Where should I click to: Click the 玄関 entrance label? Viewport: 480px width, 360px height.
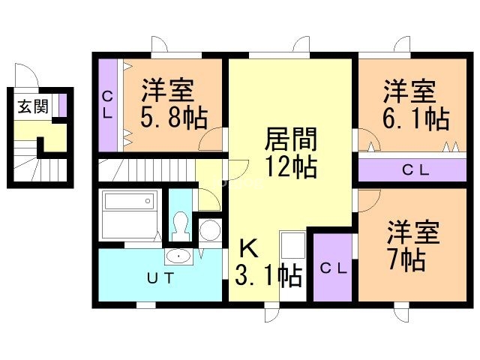pos(33,106)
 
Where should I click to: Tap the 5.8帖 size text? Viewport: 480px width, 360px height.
pos(174,118)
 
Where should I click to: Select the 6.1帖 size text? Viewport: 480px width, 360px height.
pos(416,118)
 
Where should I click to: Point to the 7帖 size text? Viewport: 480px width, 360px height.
pos(407,260)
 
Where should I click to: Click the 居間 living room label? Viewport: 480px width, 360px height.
pos(290,139)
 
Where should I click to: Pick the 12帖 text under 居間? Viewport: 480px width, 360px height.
pos(290,166)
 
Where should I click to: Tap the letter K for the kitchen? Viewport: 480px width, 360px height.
pos(248,248)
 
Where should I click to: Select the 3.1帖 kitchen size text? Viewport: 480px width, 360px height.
pos(268,276)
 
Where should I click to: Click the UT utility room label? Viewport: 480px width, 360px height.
pos(160,278)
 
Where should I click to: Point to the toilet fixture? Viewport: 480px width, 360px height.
pos(180,226)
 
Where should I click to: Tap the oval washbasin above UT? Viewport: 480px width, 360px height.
pos(178,256)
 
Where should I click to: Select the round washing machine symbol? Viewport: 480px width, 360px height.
pos(210,230)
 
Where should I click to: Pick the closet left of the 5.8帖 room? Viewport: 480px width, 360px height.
pos(108,105)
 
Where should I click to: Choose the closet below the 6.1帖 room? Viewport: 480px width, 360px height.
pos(412,170)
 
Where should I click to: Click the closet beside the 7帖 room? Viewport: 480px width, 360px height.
pos(333,267)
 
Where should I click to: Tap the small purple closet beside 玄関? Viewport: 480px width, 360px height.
pos(63,105)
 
